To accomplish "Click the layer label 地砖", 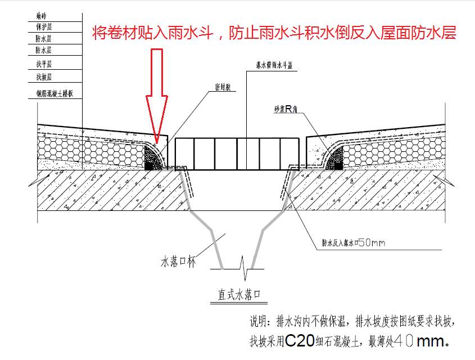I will pyautogui.click(x=40, y=16).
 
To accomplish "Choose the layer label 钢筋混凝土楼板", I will pyautogui.click(x=54, y=94).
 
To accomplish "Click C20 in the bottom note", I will pyautogui.click(x=299, y=341).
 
